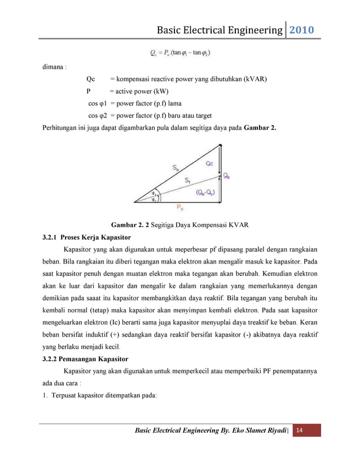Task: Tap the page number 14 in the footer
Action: [299, 431]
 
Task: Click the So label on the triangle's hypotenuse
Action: [177, 168]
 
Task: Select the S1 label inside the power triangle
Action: [188, 181]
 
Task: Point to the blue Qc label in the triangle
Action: [209, 163]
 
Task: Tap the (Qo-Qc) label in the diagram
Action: [204, 192]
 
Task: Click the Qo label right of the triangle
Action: [226, 176]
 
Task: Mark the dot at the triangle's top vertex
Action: [219, 145]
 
